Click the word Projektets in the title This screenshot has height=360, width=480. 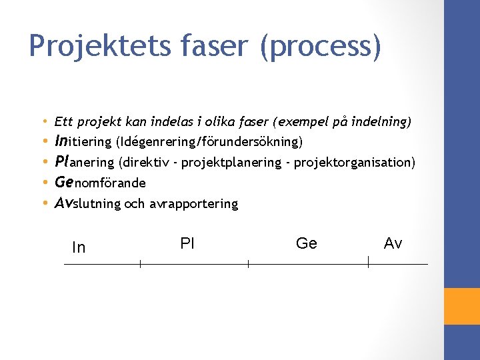click(x=89, y=46)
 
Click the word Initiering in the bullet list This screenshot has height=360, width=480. click(x=83, y=141)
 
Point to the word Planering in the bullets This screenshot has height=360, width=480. click(x=84, y=162)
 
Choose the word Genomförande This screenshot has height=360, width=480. click(x=100, y=183)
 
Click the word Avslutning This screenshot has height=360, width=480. click(x=87, y=203)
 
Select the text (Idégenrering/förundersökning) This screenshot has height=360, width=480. click(x=209, y=142)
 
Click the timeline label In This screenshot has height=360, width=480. click(x=79, y=247)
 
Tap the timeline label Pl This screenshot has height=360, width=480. click(x=187, y=243)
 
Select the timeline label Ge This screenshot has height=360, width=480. click(x=306, y=243)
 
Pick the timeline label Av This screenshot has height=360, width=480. click(x=393, y=243)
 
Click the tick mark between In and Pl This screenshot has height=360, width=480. click(x=140, y=265)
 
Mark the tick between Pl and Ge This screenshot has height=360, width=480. click(x=248, y=265)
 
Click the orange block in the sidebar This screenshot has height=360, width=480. click(x=462, y=306)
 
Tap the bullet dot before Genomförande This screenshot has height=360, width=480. click(x=44, y=183)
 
